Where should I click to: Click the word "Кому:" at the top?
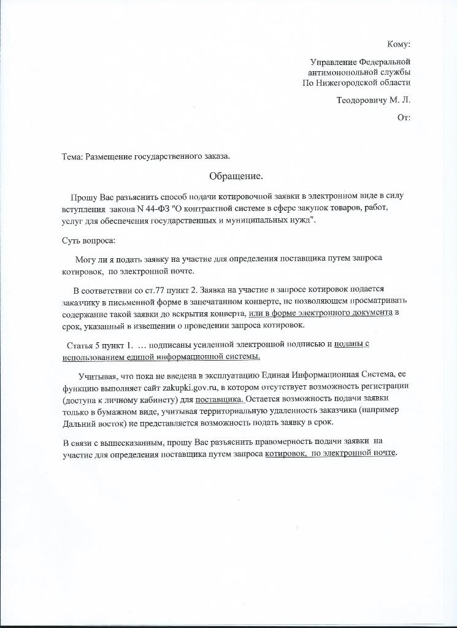(x=399, y=44)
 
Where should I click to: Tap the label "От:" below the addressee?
(x=404, y=117)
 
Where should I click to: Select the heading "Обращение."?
(x=236, y=177)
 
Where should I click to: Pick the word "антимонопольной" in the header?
(x=341, y=72)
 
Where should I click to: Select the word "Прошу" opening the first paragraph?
(x=82, y=197)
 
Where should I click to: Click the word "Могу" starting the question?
(x=86, y=258)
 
